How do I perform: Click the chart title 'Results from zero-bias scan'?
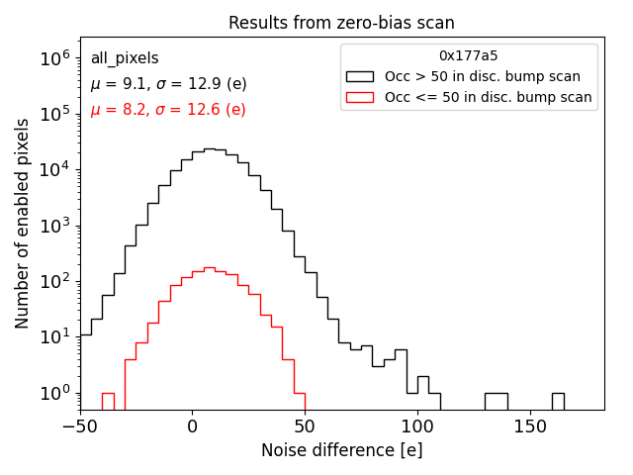click(341, 23)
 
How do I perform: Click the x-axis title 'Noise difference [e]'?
click(341, 450)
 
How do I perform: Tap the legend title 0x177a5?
click(468, 55)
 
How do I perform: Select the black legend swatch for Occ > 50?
click(360, 76)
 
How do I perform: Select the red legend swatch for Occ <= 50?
click(360, 97)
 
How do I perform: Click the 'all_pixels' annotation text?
click(125, 58)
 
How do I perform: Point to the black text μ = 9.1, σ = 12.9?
click(168, 84)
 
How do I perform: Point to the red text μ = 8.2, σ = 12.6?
click(168, 110)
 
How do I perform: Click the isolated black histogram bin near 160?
click(558, 401)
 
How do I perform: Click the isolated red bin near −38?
click(108, 401)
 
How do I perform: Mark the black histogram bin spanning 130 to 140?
click(496, 401)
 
